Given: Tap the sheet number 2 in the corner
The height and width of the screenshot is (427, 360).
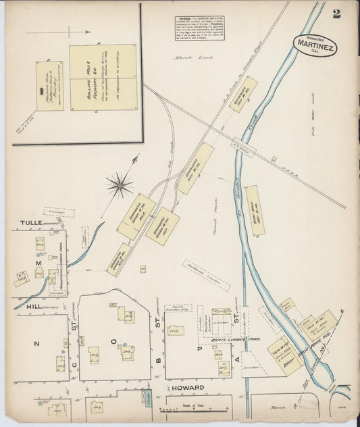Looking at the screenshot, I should coord(336,14).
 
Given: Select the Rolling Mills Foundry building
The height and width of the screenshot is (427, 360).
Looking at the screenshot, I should coord(103,79).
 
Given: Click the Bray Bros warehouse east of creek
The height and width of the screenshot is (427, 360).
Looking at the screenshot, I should coord(255,210).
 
